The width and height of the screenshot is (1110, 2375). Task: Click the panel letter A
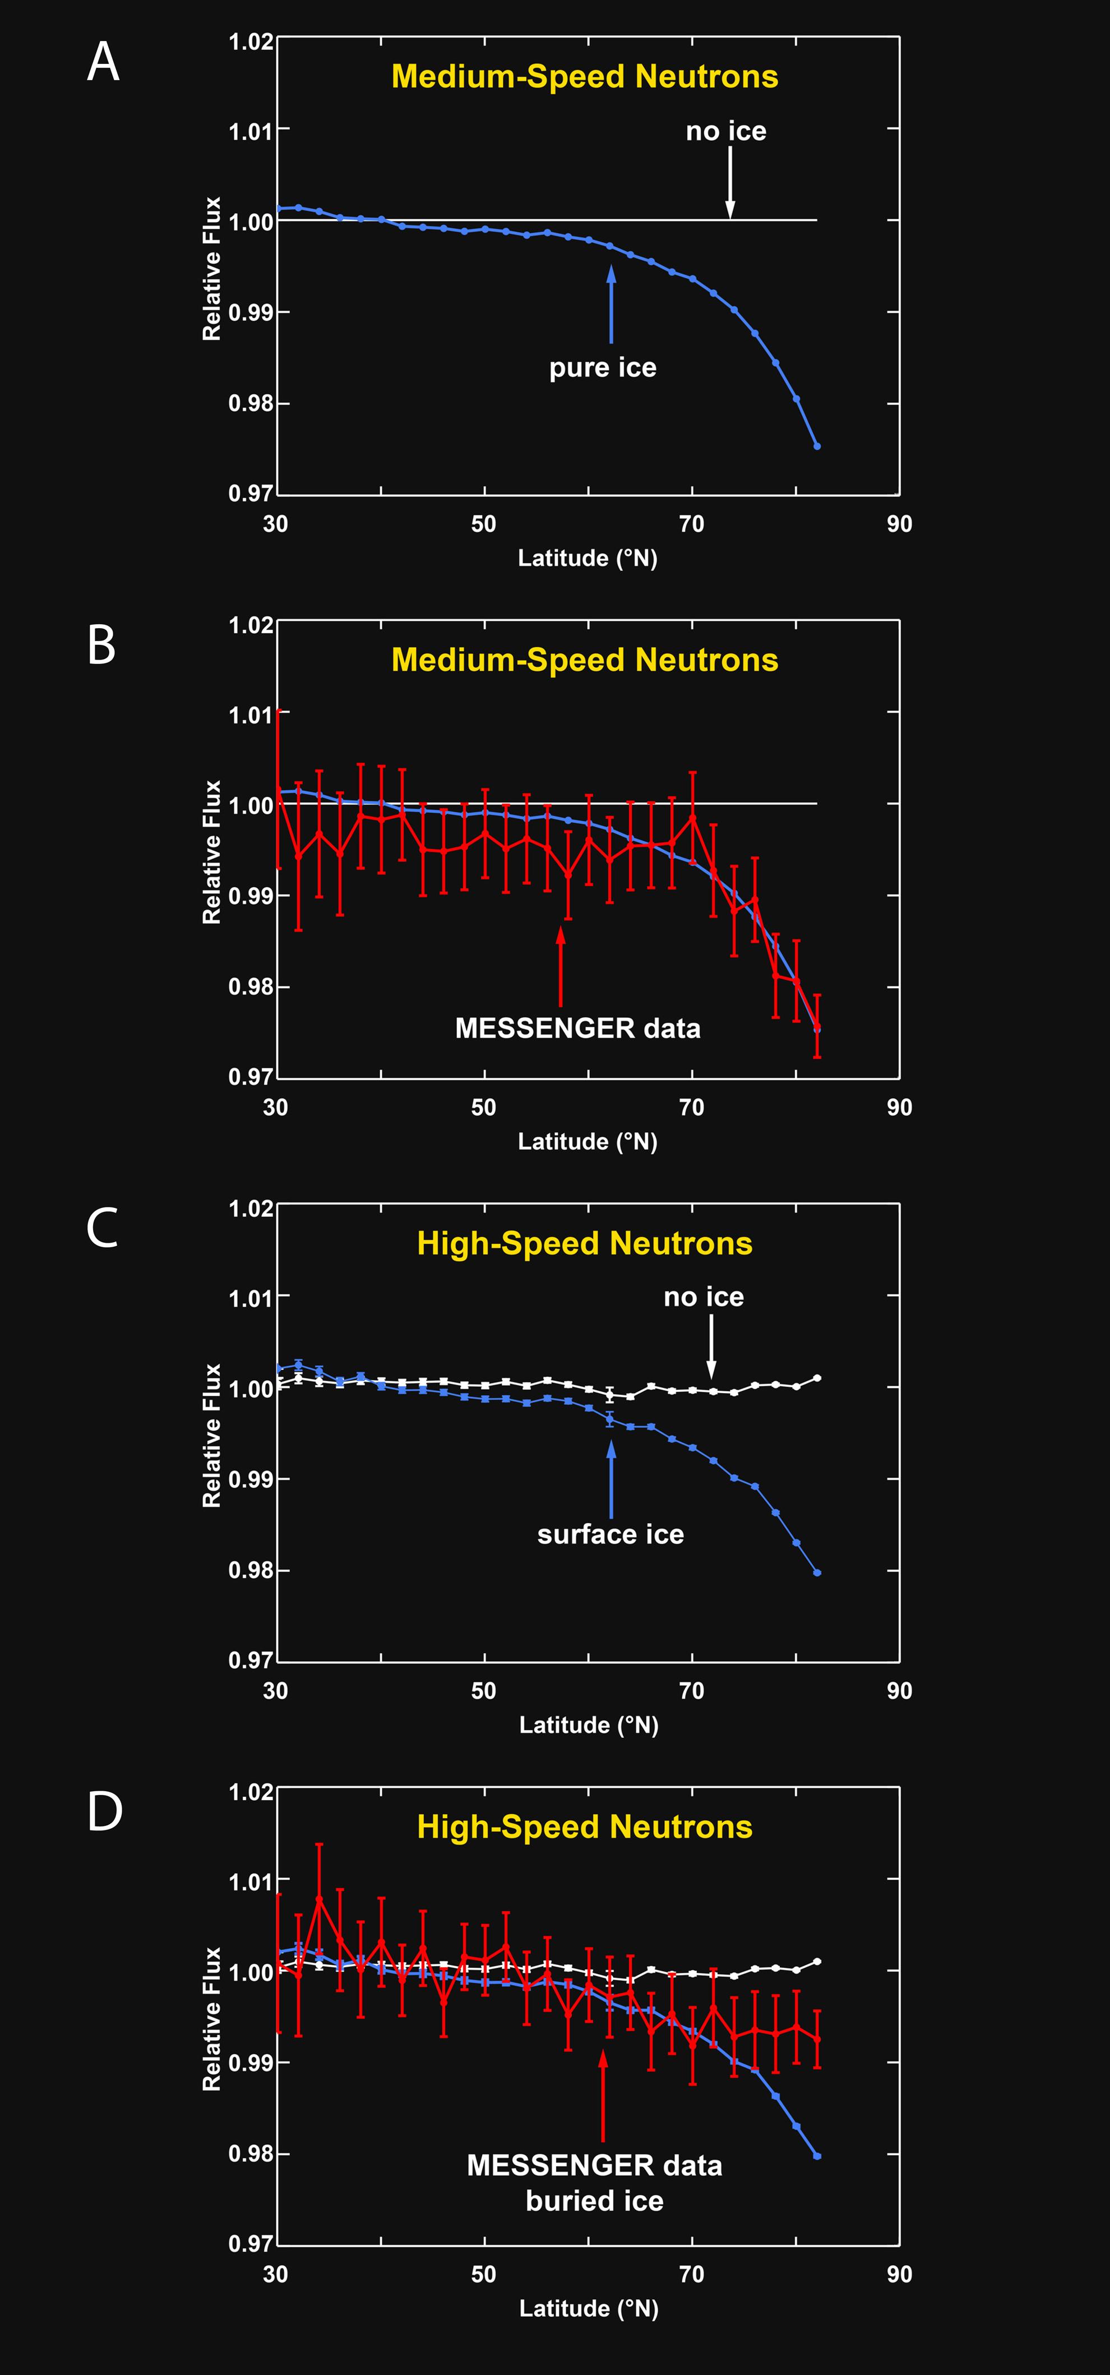103,63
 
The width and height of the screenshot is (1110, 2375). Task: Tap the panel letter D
104,1812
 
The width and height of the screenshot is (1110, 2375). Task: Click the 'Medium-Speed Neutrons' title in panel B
585,660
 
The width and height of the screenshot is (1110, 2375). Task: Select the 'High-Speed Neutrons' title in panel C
585,1244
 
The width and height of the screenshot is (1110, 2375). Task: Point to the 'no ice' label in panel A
725,131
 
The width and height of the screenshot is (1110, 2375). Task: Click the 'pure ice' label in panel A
603,368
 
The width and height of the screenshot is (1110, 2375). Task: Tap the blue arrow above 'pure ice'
610,305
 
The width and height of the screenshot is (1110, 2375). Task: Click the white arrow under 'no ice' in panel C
711,1345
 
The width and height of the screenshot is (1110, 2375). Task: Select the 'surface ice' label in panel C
610,1534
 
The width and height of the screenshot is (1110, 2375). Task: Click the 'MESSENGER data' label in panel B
578,1028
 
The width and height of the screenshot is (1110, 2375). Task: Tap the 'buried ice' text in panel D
595,2201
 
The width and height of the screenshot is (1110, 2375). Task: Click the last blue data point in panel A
817,446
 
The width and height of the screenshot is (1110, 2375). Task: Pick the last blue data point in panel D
817,2156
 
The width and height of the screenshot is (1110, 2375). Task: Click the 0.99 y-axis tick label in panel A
251,312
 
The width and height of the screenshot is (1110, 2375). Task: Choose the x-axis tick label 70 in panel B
691,1107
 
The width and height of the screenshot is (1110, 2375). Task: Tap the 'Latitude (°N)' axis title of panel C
588,1725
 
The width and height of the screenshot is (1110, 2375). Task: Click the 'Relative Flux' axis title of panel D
212,2019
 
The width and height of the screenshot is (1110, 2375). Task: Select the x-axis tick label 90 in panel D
899,2275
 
